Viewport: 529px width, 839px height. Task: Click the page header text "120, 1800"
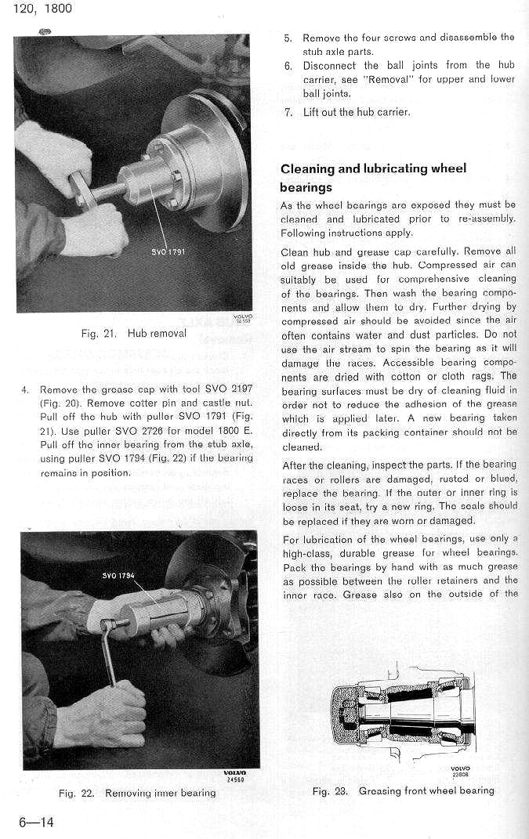click(38, 9)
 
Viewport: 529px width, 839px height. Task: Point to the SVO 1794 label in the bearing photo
click(119, 576)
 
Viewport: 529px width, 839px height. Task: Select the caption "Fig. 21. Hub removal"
click(134, 333)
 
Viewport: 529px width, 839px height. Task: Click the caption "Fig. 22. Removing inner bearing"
click(137, 793)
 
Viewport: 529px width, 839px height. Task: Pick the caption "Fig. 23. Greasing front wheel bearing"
click(403, 790)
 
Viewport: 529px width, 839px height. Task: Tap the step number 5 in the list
click(288, 38)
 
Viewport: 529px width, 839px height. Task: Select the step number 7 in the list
click(288, 112)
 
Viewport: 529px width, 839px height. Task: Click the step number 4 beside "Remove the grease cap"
click(25, 389)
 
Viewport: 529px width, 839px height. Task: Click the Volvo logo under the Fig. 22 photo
click(235, 772)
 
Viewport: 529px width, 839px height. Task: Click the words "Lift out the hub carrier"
click(357, 112)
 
